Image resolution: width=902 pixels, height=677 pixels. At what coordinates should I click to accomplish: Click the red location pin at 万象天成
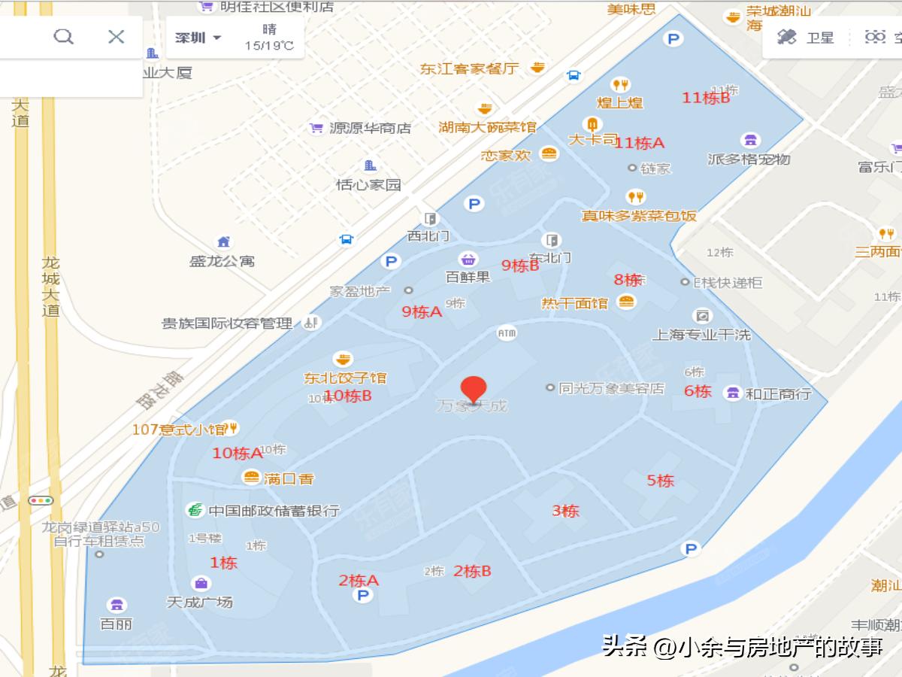click(473, 389)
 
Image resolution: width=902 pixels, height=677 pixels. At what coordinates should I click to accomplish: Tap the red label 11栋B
click(706, 98)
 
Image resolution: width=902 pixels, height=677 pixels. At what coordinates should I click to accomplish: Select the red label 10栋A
click(237, 453)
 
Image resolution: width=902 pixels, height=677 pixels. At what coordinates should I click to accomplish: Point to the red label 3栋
click(565, 511)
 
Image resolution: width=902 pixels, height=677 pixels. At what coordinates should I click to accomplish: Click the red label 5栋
click(661, 480)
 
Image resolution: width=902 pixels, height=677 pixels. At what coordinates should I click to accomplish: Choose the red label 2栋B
click(472, 571)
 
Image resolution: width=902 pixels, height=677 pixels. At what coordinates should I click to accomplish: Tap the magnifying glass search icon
click(64, 37)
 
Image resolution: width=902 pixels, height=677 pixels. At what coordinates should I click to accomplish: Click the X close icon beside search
click(116, 37)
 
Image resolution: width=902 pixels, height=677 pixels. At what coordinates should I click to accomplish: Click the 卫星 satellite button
click(806, 37)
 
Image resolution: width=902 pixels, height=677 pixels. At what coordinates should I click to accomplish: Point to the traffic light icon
click(41, 500)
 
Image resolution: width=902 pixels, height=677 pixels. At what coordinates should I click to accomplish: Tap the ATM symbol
click(507, 332)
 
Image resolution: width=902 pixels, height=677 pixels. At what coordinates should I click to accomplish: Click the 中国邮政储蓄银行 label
click(274, 511)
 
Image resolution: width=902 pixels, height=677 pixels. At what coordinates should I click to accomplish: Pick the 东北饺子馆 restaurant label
click(345, 378)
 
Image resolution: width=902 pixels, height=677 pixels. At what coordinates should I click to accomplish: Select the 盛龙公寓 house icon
click(223, 242)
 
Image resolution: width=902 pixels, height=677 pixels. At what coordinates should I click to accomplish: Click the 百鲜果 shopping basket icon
click(468, 260)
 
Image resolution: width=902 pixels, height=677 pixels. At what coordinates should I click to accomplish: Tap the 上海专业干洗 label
click(701, 335)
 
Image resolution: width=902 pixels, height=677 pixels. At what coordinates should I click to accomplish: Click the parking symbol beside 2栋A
click(363, 596)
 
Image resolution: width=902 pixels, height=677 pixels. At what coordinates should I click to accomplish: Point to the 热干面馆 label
click(575, 303)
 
